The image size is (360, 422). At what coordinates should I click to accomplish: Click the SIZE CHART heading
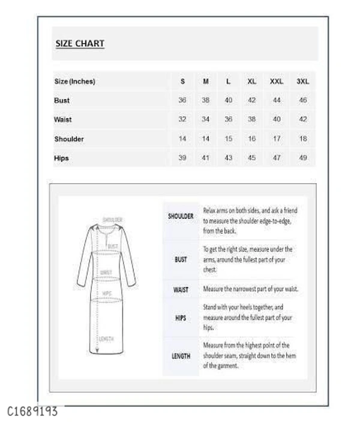click(80, 43)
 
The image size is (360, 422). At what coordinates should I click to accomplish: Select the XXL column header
click(277, 81)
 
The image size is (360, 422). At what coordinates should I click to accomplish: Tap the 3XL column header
click(303, 81)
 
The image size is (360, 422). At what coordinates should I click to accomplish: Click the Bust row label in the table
click(62, 100)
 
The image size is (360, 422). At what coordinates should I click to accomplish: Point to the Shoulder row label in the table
click(69, 139)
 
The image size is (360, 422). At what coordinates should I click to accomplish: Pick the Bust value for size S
click(182, 100)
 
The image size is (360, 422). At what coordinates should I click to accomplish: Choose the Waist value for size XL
click(251, 119)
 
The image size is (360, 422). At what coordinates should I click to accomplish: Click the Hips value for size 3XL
click(303, 158)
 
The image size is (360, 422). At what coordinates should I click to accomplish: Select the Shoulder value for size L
click(228, 139)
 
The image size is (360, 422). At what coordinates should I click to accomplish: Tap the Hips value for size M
click(205, 158)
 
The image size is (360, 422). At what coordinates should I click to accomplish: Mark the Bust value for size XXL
click(277, 100)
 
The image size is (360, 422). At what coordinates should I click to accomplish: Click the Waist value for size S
click(182, 119)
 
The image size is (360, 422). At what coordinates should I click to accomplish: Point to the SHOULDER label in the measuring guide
click(181, 216)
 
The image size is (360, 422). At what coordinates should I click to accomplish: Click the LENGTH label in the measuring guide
click(181, 356)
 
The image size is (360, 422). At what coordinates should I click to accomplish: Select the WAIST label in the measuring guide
click(181, 289)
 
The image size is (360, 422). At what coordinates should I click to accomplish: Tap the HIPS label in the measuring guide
click(181, 318)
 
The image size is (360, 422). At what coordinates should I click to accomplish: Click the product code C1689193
click(33, 412)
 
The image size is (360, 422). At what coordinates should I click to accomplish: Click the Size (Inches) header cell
click(75, 81)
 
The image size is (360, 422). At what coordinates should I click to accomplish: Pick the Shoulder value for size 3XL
click(303, 139)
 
